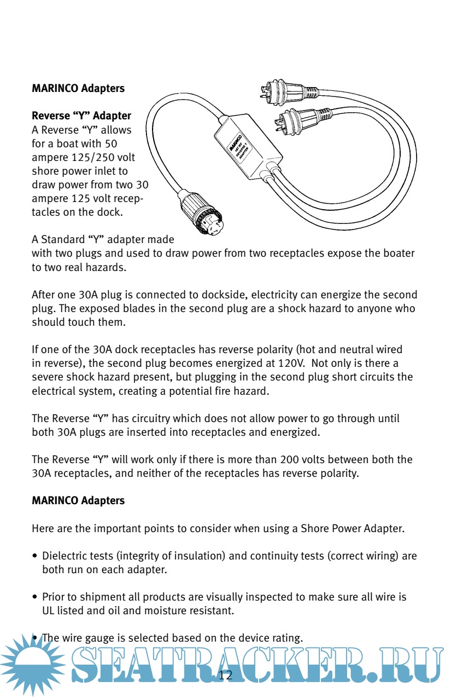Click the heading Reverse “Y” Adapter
pos(81,116)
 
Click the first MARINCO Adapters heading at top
pos(78,88)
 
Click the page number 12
pos(225,675)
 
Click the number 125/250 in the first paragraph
pos(103,158)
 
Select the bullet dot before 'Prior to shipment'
pos(35,597)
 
